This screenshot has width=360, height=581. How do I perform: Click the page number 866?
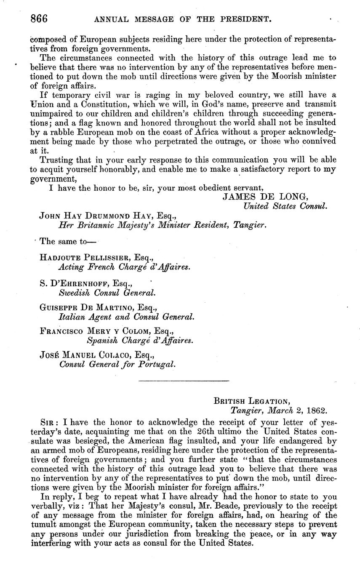(x=39, y=19)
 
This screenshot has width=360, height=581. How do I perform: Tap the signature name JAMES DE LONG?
(x=265, y=197)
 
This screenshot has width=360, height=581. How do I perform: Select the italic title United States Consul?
(x=285, y=206)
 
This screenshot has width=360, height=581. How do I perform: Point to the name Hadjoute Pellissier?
(x=85, y=258)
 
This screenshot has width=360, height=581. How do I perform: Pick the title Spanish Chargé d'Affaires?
(x=140, y=340)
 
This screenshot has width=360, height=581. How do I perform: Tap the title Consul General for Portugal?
(x=117, y=364)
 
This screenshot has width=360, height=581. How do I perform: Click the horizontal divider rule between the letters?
(x=184, y=381)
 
